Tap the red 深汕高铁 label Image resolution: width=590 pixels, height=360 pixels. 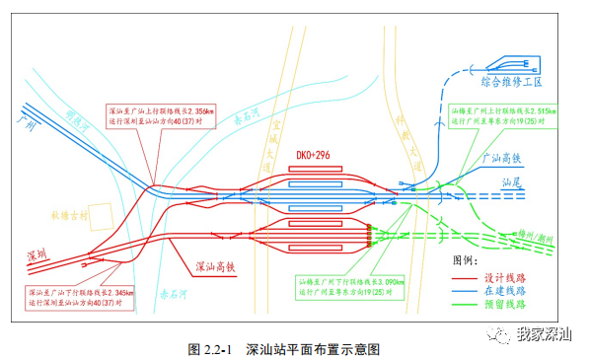point(218,265)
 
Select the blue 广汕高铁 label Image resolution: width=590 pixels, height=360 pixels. point(500,159)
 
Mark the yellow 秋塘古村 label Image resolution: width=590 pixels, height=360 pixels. point(72,211)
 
